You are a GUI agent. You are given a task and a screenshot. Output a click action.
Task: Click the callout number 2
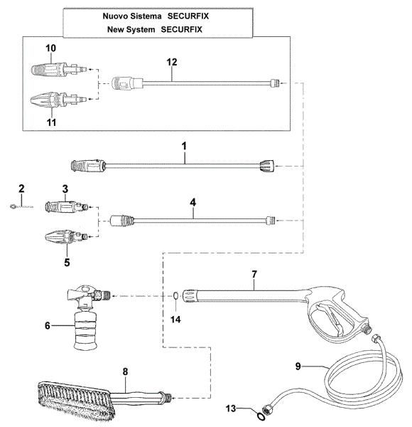pyautogui.click(x=21, y=189)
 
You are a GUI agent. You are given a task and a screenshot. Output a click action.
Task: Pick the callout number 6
pyautogui.click(x=48, y=325)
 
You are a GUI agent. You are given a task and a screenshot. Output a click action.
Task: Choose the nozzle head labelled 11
pyautogui.click(x=50, y=100)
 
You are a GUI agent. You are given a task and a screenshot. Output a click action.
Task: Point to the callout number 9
pyautogui.click(x=298, y=366)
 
